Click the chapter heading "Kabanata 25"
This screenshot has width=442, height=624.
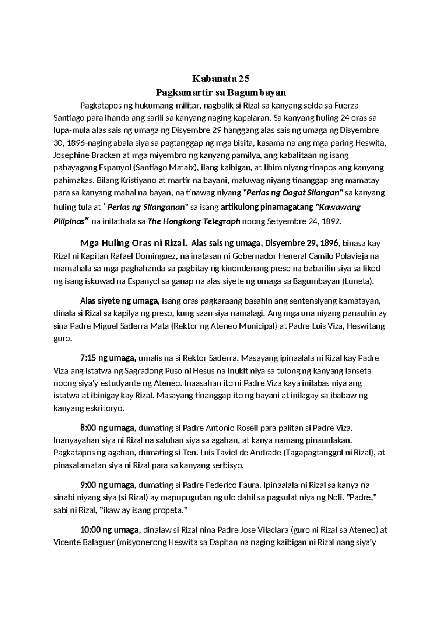pyautogui.click(x=221, y=78)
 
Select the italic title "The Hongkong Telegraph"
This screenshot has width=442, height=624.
pyautogui.click(x=194, y=221)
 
